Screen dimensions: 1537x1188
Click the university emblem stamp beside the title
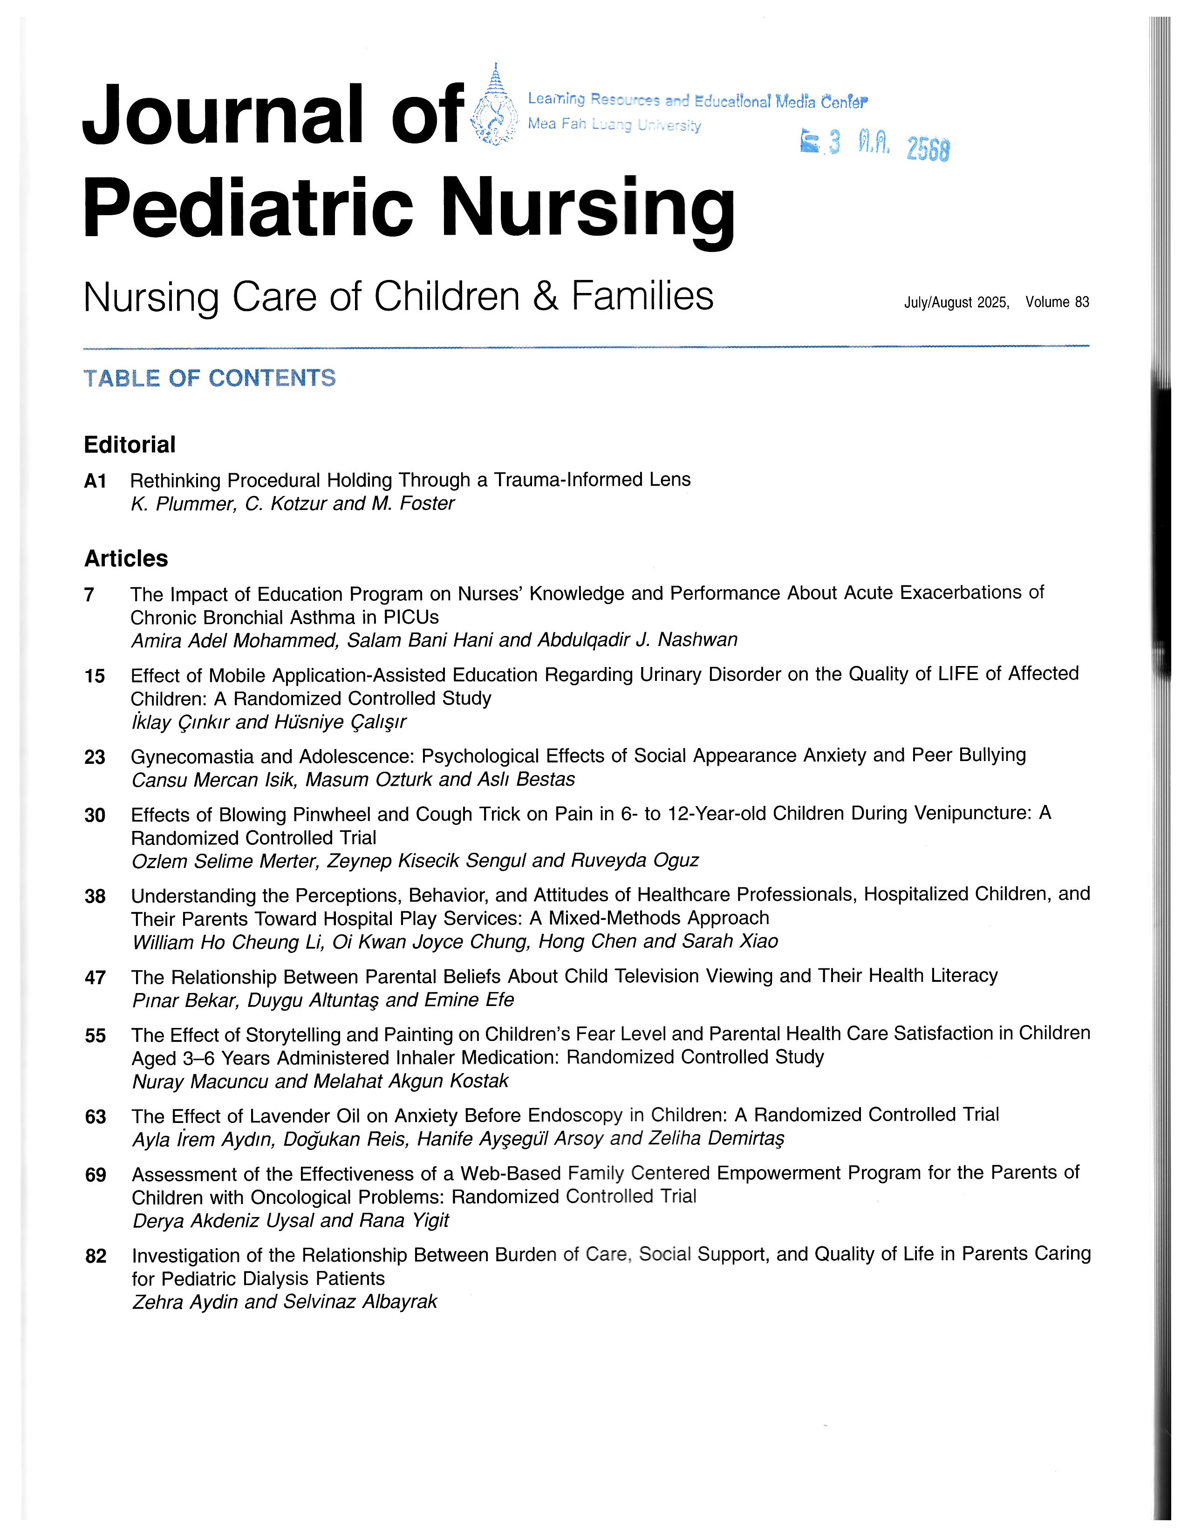click(x=492, y=106)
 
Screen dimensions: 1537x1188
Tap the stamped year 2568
click(x=928, y=149)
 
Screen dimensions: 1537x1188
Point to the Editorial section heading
click(x=130, y=445)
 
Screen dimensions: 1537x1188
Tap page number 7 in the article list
click(x=89, y=595)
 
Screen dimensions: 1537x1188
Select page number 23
click(x=95, y=757)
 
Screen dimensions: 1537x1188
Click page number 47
click(x=95, y=978)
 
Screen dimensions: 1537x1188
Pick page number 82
click(x=96, y=1256)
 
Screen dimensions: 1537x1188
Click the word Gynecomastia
click(x=192, y=756)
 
